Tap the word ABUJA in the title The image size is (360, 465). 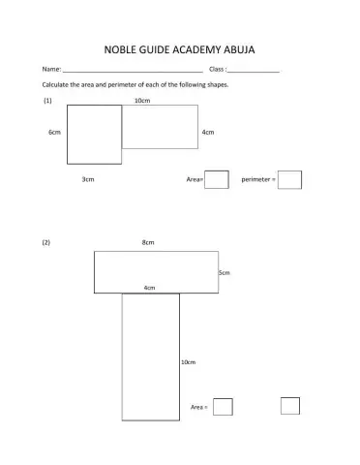coord(237,48)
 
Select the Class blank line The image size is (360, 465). coord(255,72)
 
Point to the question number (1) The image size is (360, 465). coord(47,100)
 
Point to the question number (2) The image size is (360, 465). coord(45,242)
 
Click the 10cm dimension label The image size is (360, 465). coord(141,100)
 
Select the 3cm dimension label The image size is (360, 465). coord(87,180)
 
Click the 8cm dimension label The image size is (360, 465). coord(148,242)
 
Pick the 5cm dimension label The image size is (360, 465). coord(224,273)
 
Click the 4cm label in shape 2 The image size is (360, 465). coord(149,288)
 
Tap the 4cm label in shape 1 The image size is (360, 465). coord(207,132)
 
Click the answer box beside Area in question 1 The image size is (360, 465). coord(217,179)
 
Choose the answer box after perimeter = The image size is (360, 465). coord(290,179)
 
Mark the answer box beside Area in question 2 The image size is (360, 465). coord(223,407)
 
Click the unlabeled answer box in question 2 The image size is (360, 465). coord(290,406)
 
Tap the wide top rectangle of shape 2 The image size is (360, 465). coord(156,271)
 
